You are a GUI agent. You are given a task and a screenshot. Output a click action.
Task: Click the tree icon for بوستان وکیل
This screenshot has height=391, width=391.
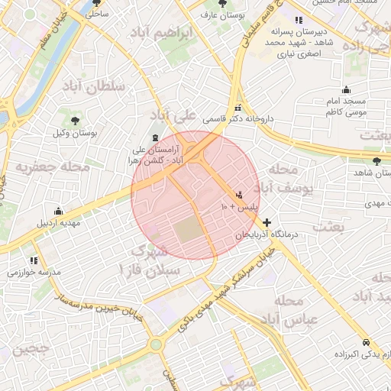coord(75,120)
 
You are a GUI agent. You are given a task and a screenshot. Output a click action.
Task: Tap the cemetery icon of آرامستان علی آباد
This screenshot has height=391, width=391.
coord(156,137)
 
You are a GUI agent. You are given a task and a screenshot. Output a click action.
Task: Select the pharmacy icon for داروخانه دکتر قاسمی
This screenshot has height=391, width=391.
coord(238,107)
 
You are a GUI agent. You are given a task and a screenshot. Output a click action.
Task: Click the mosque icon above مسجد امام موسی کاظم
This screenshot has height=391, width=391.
coord(346,89)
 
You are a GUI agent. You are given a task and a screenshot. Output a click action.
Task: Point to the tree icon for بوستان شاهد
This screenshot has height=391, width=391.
coord(376,160)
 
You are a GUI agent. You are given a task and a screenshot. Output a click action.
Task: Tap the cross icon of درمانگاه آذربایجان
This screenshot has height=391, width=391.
coord(267,221)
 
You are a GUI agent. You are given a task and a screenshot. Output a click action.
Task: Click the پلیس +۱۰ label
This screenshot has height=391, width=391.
coord(240,207)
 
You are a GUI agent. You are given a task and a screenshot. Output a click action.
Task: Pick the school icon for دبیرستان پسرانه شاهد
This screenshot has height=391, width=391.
coord(298,20)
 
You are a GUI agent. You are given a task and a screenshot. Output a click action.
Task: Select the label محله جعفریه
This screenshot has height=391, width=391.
coord(53,165)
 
